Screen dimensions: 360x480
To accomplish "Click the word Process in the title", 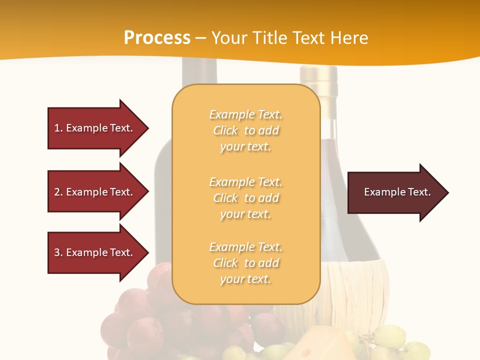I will coord(157,38).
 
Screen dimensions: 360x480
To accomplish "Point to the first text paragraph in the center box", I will coord(245,130).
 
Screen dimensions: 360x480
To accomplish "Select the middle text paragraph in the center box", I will coord(245,198).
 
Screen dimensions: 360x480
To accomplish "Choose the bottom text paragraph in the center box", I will coord(245,263).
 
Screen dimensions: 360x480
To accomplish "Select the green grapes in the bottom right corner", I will coord(400,345).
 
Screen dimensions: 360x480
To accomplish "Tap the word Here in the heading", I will coord(349,38).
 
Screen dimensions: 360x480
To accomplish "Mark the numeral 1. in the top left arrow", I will coord(58,128).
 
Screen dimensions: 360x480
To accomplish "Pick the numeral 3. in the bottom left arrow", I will coord(58,252).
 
